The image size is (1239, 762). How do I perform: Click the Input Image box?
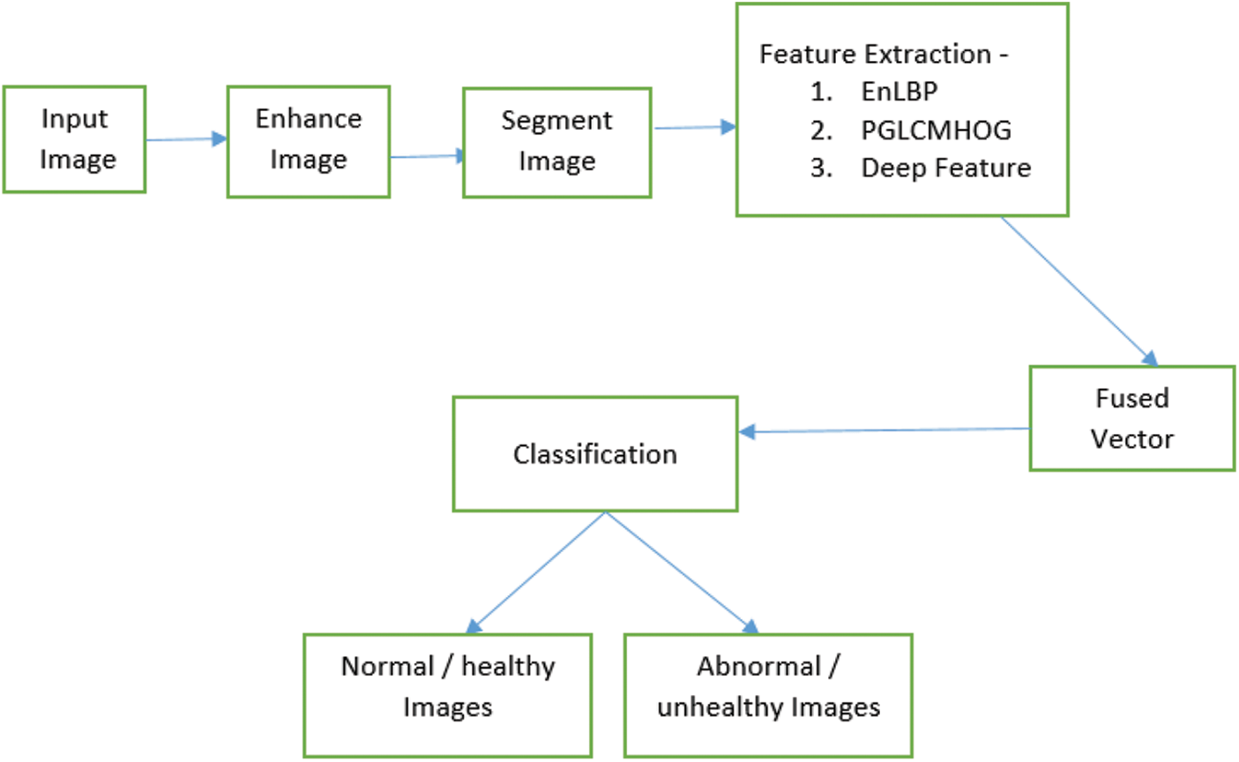click(74, 139)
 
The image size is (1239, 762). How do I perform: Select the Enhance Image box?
click(308, 141)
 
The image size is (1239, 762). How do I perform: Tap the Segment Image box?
click(556, 142)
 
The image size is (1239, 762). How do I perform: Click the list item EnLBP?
click(899, 92)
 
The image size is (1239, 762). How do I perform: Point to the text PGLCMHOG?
click(936, 131)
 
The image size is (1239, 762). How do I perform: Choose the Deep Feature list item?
click(945, 168)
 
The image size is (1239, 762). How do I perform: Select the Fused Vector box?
click(1131, 419)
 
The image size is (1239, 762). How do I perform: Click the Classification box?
click(595, 454)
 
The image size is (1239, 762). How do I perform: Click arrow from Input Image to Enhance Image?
click(186, 139)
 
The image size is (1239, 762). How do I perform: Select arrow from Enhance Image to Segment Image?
click(427, 157)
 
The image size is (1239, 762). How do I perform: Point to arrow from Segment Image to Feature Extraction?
click(694, 128)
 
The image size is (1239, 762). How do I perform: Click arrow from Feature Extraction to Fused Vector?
click(1079, 291)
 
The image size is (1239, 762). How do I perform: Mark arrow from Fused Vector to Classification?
click(882, 430)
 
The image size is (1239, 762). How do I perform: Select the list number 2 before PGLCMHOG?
click(821, 131)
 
